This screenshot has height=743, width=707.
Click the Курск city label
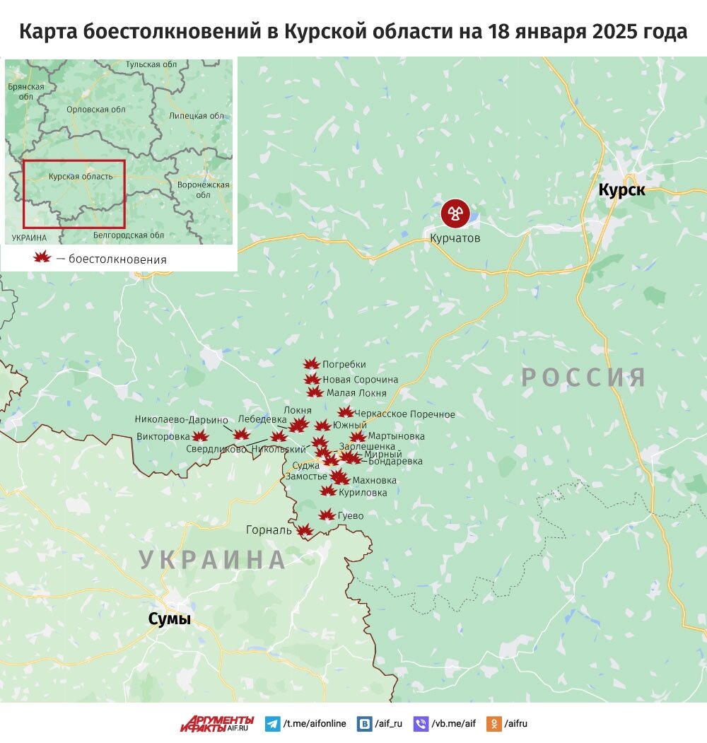621,190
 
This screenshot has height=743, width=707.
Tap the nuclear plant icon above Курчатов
455,213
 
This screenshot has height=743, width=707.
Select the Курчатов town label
455,238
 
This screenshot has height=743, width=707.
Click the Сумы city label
170,619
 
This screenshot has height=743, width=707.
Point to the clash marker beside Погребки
311,364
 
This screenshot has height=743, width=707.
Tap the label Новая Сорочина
360,380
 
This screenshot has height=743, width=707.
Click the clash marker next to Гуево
327,515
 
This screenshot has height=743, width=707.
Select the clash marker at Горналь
304,530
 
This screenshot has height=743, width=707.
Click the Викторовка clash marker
200,436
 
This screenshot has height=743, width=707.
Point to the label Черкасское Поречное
405,414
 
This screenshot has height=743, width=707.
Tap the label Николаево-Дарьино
182,419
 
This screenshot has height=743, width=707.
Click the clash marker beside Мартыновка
358,437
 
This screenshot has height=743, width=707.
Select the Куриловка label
363,492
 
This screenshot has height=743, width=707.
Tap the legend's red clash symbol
42,258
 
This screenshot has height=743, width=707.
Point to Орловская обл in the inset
95,110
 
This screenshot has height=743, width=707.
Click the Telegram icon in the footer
272,724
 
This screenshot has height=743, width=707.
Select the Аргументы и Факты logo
216,724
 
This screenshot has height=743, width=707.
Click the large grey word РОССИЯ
584,378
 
